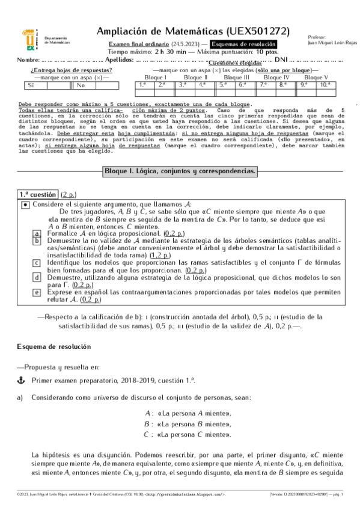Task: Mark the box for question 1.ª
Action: (143, 85)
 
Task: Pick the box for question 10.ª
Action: (325, 85)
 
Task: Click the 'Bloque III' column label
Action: (237, 78)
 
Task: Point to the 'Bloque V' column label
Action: (316, 78)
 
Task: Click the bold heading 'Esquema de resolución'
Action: (53, 348)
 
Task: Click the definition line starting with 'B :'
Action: (188, 424)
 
